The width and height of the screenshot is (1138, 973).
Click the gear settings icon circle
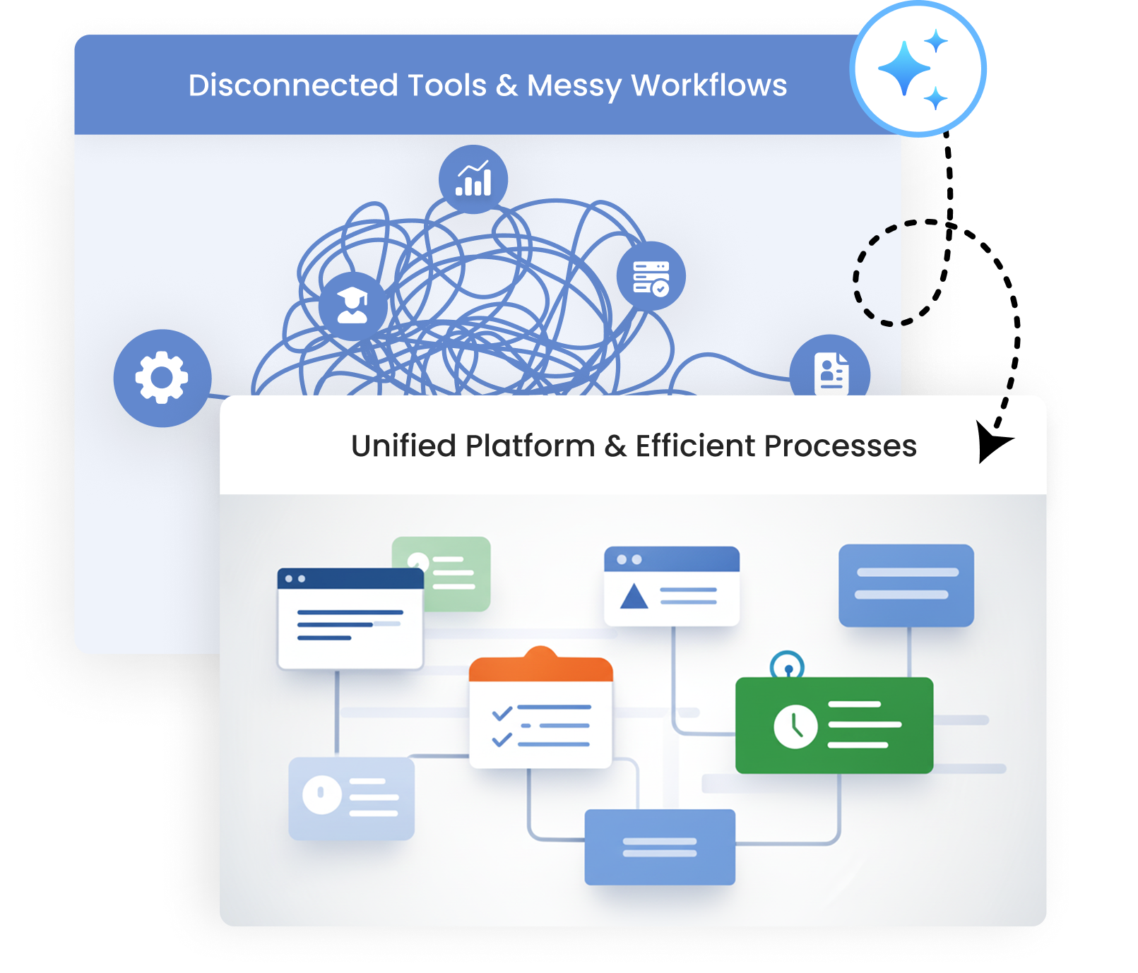coord(162,378)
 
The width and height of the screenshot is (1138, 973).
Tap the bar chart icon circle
coord(473,179)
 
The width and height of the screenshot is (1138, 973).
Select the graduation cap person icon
coord(352,306)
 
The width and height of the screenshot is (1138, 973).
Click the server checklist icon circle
coord(651,276)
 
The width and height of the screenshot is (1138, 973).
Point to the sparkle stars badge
coord(918,69)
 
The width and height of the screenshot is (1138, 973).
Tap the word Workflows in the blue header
coord(709,85)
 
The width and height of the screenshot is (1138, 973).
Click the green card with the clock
coord(834,725)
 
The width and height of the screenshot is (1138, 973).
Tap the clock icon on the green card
coord(795,726)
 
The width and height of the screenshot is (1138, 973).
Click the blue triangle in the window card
coord(634,596)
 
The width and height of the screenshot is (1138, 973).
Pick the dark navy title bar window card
coord(350,619)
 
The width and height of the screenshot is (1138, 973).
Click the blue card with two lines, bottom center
coord(660,847)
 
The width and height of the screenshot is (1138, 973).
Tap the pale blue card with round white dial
coord(351,798)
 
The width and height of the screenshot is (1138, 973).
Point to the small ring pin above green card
coord(787,665)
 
